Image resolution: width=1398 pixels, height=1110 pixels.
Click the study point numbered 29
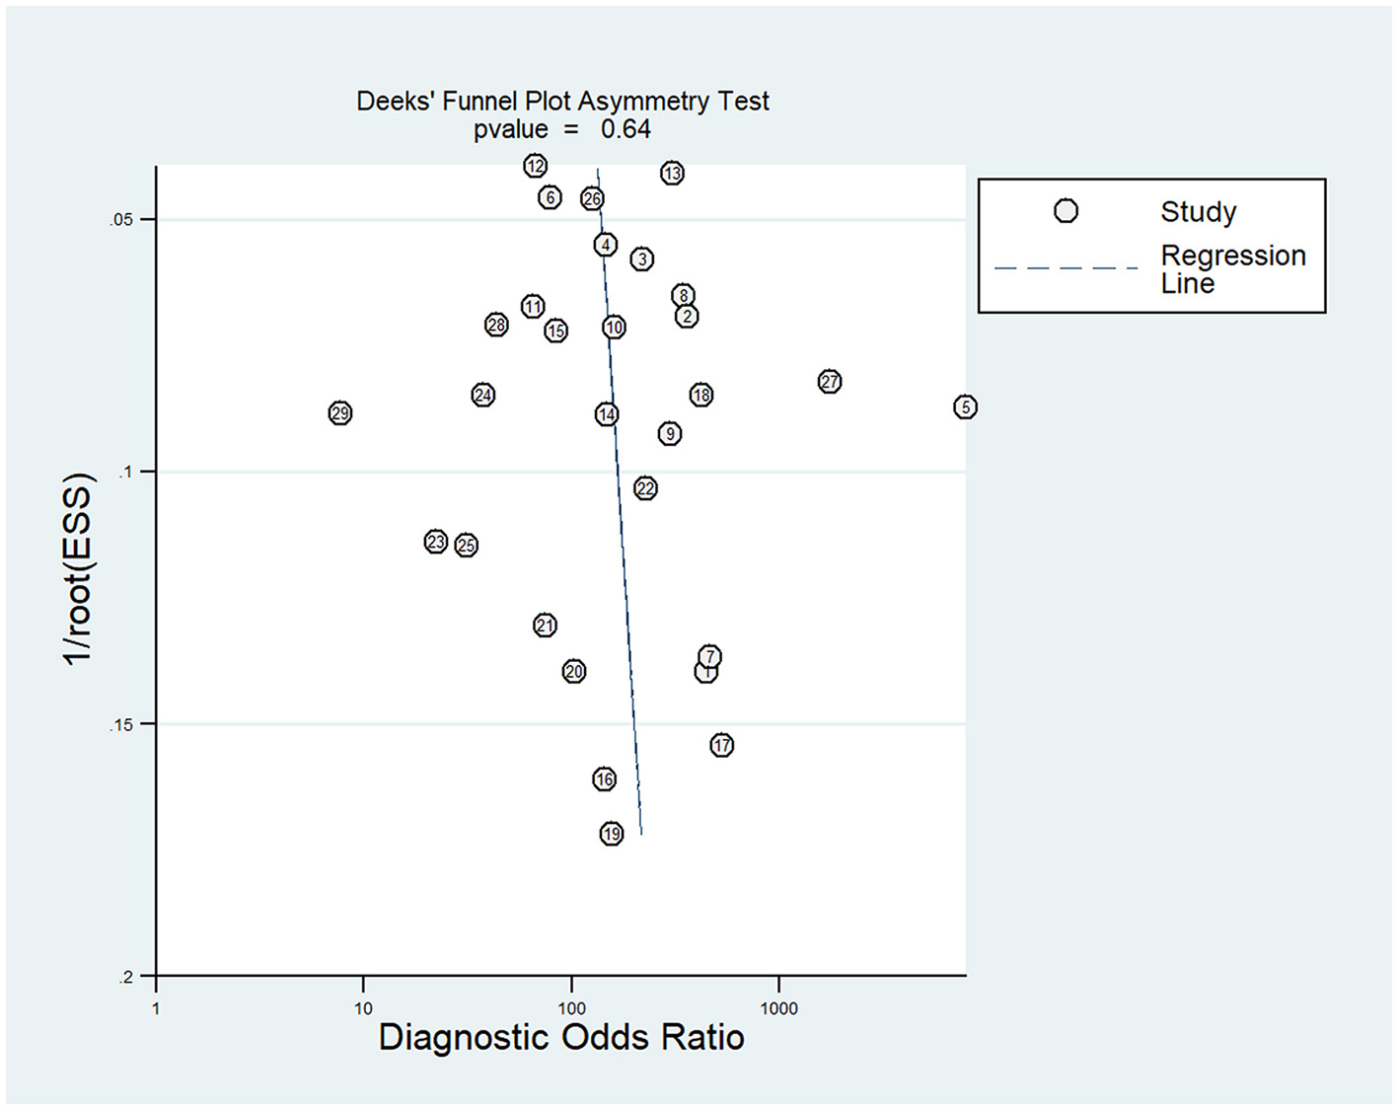(340, 413)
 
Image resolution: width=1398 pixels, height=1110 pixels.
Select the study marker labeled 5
(965, 407)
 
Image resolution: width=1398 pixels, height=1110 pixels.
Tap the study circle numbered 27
(830, 382)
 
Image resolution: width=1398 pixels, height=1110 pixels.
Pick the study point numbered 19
(612, 834)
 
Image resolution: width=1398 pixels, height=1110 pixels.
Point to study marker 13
(672, 174)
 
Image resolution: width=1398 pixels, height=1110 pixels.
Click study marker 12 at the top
(536, 166)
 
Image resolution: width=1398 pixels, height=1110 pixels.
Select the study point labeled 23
(436, 542)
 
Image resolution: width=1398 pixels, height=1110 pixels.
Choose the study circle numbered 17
(722, 745)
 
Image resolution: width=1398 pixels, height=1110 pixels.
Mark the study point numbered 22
(645, 488)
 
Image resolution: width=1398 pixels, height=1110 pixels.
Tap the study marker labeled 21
(546, 626)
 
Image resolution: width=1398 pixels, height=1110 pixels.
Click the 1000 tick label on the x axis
(778, 1008)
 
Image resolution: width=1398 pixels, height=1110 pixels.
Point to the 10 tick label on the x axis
(363, 1008)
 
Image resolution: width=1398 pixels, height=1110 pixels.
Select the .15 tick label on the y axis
(120, 725)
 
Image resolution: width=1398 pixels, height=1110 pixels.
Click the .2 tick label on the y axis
(125, 978)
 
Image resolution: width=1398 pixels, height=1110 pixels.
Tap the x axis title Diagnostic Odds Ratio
(561, 1038)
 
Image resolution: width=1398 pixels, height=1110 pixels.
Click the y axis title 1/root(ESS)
(78, 569)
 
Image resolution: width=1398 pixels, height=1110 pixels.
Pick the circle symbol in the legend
(1066, 211)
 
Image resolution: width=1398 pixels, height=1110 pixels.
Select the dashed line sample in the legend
(1066, 267)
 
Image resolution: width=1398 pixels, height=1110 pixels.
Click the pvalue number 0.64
(625, 129)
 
